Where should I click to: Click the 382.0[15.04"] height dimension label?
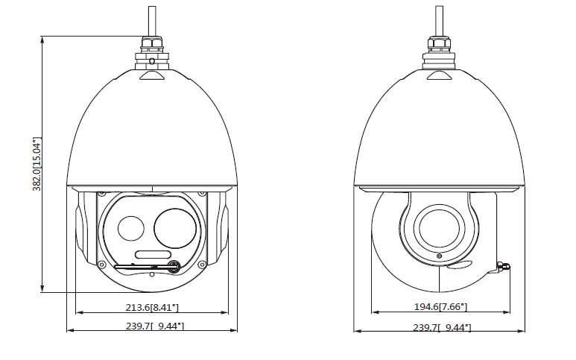click(37, 164)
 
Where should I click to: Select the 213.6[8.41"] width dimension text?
click(152, 307)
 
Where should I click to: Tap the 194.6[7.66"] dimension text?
click(440, 307)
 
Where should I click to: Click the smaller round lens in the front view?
click(131, 229)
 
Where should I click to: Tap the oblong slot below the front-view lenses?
click(154, 255)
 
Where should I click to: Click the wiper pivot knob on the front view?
click(174, 265)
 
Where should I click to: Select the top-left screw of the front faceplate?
click(102, 194)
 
